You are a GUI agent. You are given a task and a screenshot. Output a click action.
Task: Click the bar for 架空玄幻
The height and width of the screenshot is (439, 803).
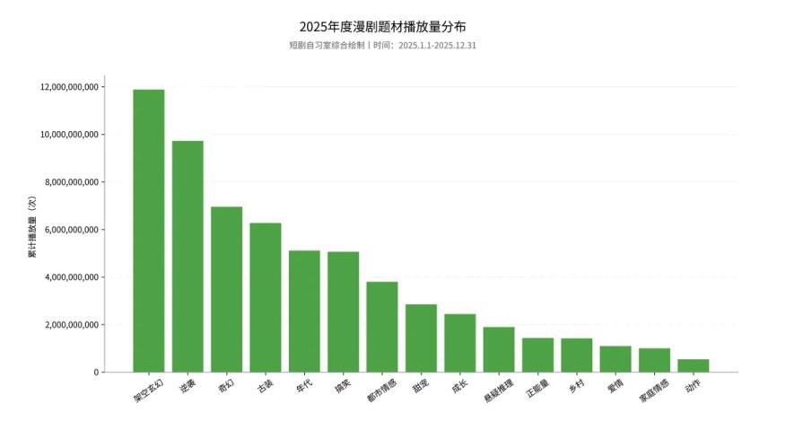pyautogui.click(x=148, y=231)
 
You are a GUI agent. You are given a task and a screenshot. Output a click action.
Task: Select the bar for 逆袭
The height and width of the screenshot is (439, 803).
pyautogui.click(x=188, y=256)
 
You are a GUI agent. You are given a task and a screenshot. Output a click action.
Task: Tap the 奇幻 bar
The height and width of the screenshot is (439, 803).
pyautogui.click(x=226, y=289)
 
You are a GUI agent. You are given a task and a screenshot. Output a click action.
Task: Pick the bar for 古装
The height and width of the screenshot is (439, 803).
pyautogui.click(x=265, y=297)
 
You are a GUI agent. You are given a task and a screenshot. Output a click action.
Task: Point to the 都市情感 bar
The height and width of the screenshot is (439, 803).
pyautogui.click(x=382, y=327)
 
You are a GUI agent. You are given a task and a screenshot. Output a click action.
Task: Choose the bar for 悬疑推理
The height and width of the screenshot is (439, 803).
pyautogui.click(x=499, y=349)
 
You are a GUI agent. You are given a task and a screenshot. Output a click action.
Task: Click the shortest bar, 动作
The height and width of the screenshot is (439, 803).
pyautogui.click(x=693, y=365)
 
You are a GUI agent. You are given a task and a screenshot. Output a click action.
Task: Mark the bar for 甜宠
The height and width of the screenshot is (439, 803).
pyautogui.click(x=421, y=338)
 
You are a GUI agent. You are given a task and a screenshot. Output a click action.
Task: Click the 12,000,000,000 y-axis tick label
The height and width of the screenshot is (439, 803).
pyautogui.click(x=69, y=87)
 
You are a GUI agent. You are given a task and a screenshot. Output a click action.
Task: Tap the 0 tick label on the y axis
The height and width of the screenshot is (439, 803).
pyautogui.click(x=95, y=373)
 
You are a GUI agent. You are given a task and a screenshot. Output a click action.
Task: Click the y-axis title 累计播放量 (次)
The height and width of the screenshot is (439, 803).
pyautogui.click(x=31, y=229)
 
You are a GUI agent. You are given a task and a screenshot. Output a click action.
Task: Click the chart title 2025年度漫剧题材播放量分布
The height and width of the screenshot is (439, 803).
pyautogui.click(x=382, y=27)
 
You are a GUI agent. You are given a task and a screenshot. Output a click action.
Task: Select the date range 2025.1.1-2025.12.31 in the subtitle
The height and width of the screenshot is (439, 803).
pyautogui.click(x=437, y=45)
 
